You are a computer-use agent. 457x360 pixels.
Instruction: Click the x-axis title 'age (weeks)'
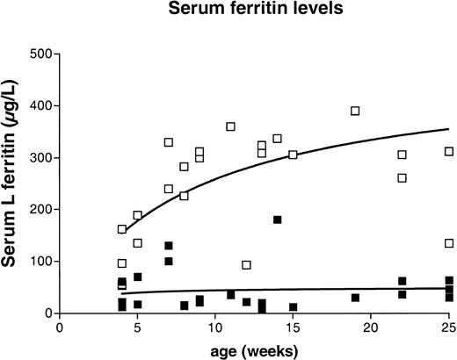coord(253,349)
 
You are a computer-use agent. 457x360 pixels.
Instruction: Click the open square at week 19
coord(355,111)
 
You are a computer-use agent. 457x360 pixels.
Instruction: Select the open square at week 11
coord(231,126)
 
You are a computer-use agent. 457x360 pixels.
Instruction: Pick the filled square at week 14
coord(278,220)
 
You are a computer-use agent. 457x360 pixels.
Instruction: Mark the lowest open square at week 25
coord(449,243)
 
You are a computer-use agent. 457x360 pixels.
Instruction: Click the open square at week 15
coord(294,155)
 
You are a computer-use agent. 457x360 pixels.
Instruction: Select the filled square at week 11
coord(231,295)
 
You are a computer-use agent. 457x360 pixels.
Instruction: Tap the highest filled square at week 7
coord(169,246)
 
